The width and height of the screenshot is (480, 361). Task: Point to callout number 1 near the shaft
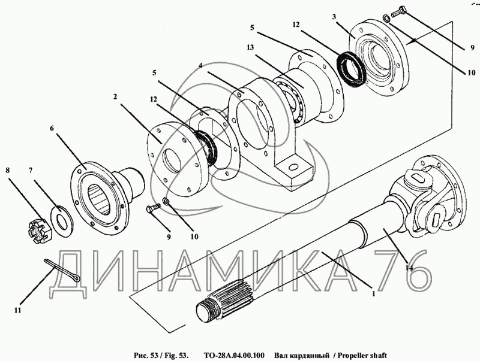coord(373,293)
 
